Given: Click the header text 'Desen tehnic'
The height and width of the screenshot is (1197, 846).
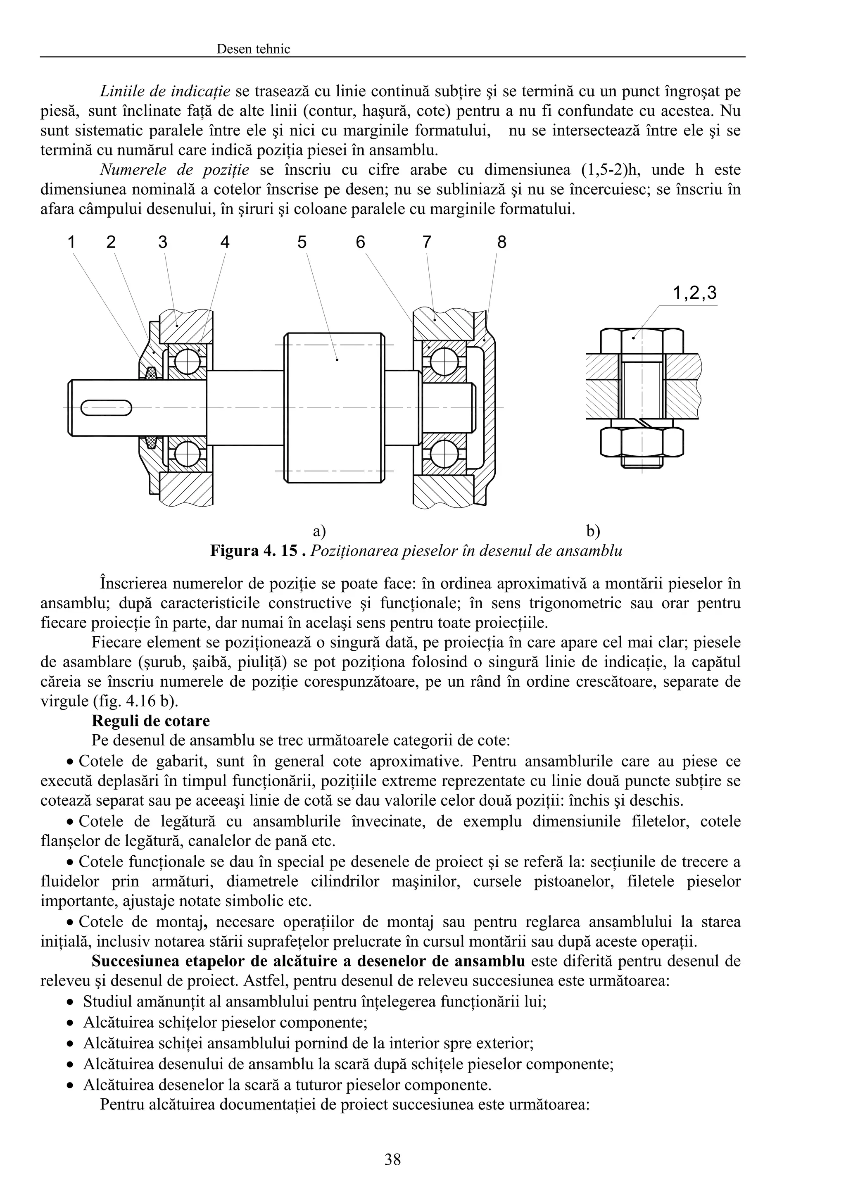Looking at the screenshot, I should (253, 49).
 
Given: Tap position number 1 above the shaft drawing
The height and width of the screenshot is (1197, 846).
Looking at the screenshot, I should (71, 243).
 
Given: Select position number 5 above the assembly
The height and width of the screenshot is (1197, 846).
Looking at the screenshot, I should (302, 243).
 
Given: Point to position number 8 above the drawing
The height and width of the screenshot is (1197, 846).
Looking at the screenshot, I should (501, 243).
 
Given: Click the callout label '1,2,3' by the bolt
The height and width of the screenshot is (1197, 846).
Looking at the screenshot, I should (694, 293).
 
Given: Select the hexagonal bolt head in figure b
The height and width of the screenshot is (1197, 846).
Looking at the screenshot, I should (642, 341).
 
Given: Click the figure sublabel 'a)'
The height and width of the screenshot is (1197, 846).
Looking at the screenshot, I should (319, 531).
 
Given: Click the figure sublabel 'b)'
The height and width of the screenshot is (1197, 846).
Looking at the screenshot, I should (593, 531).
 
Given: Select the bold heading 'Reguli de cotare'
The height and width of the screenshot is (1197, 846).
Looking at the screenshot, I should (151, 721).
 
